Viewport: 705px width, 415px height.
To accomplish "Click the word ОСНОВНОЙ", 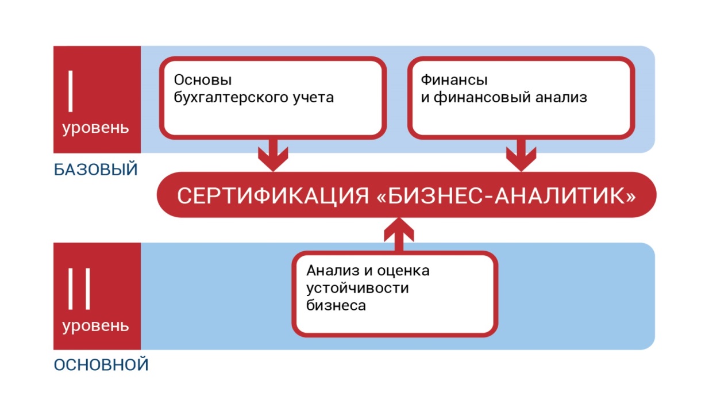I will point(101,365).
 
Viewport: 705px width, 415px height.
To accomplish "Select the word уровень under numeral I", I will point(96,127).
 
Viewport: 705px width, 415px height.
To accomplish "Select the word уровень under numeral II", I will point(96,326).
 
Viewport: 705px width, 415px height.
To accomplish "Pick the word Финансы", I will point(450,80).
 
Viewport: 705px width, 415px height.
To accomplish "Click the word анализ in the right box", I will point(559,97).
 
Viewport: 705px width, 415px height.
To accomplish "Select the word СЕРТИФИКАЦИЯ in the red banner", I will point(272,195).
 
